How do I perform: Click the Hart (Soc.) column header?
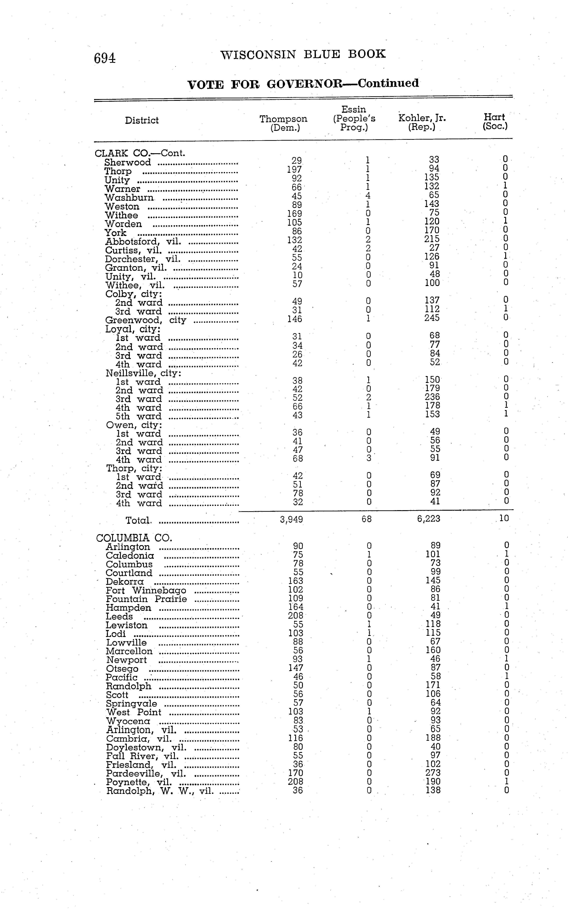[495, 122]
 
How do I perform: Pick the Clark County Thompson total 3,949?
[292, 519]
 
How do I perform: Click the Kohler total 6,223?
[429, 519]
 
